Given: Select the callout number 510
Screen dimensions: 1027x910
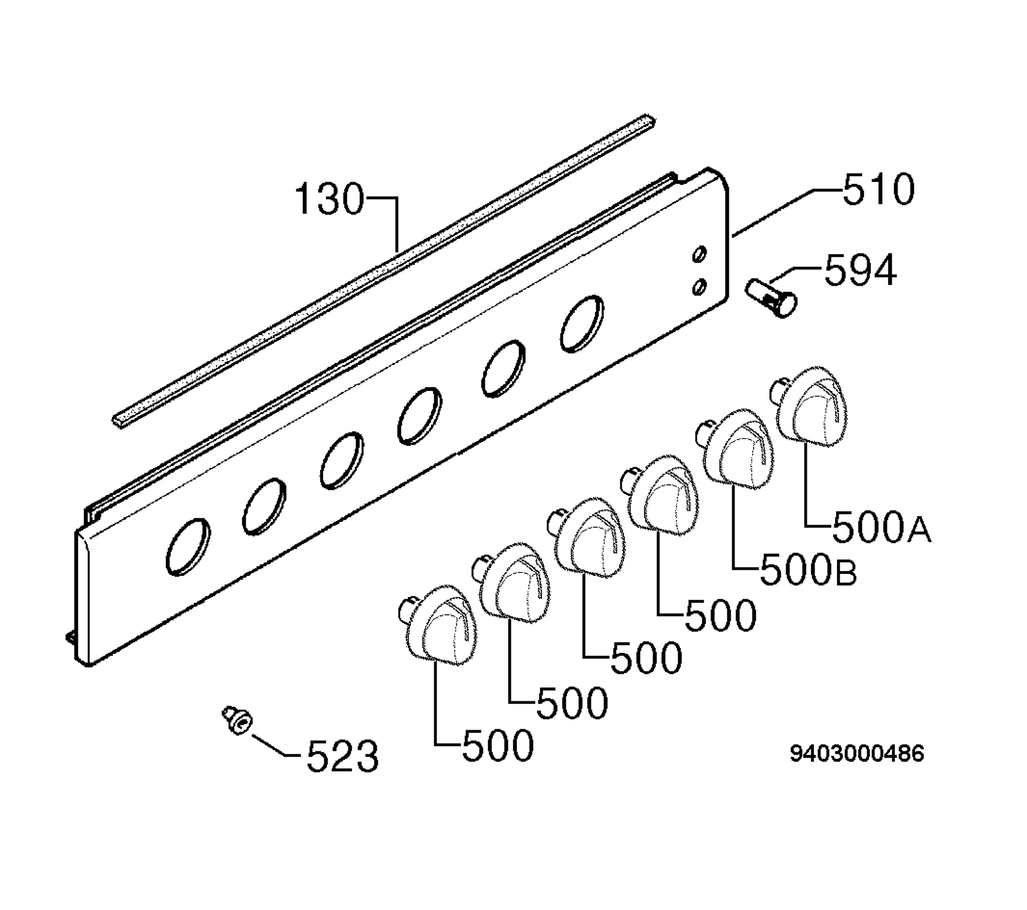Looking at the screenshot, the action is point(878,190).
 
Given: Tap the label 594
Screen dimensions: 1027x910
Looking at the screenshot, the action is point(860,270).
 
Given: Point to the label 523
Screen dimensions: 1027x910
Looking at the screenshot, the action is point(342,756).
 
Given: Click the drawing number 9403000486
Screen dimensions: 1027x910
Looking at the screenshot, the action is point(857,754).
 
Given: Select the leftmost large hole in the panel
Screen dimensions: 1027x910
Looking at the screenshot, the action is point(188,547).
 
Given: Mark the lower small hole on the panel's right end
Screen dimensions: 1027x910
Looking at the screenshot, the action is point(699,287).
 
